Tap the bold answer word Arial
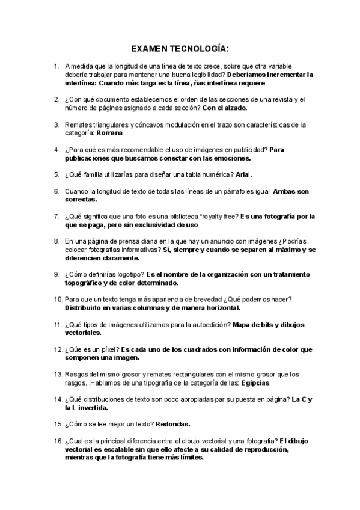pos(244,174)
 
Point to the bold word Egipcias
pos(256,382)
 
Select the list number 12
pos(58,349)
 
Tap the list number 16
pos(58,441)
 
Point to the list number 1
pos(56,66)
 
